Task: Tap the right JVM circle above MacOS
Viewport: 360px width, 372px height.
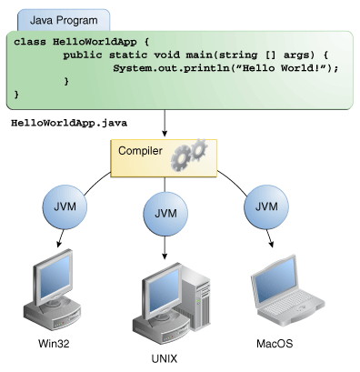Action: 265,206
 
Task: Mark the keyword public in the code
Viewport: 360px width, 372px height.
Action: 83,55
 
